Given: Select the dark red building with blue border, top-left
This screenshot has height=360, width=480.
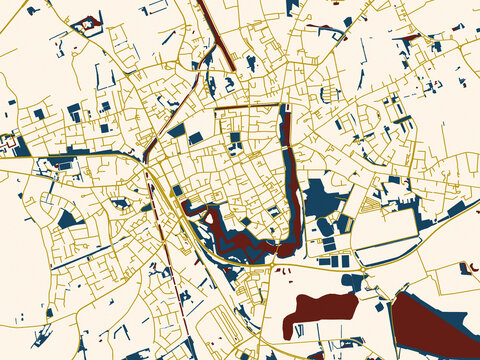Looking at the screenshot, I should pyautogui.click(x=88, y=22).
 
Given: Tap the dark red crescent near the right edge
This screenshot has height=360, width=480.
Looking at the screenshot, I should pyautogui.click(x=464, y=267).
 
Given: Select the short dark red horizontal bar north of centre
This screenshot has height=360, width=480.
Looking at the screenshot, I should pyautogui.click(x=245, y=105).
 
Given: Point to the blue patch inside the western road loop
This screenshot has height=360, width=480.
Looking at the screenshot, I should pyautogui.click(x=67, y=217).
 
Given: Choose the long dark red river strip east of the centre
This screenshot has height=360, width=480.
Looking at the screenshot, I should pyautogui.click(x=287, y=160).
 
